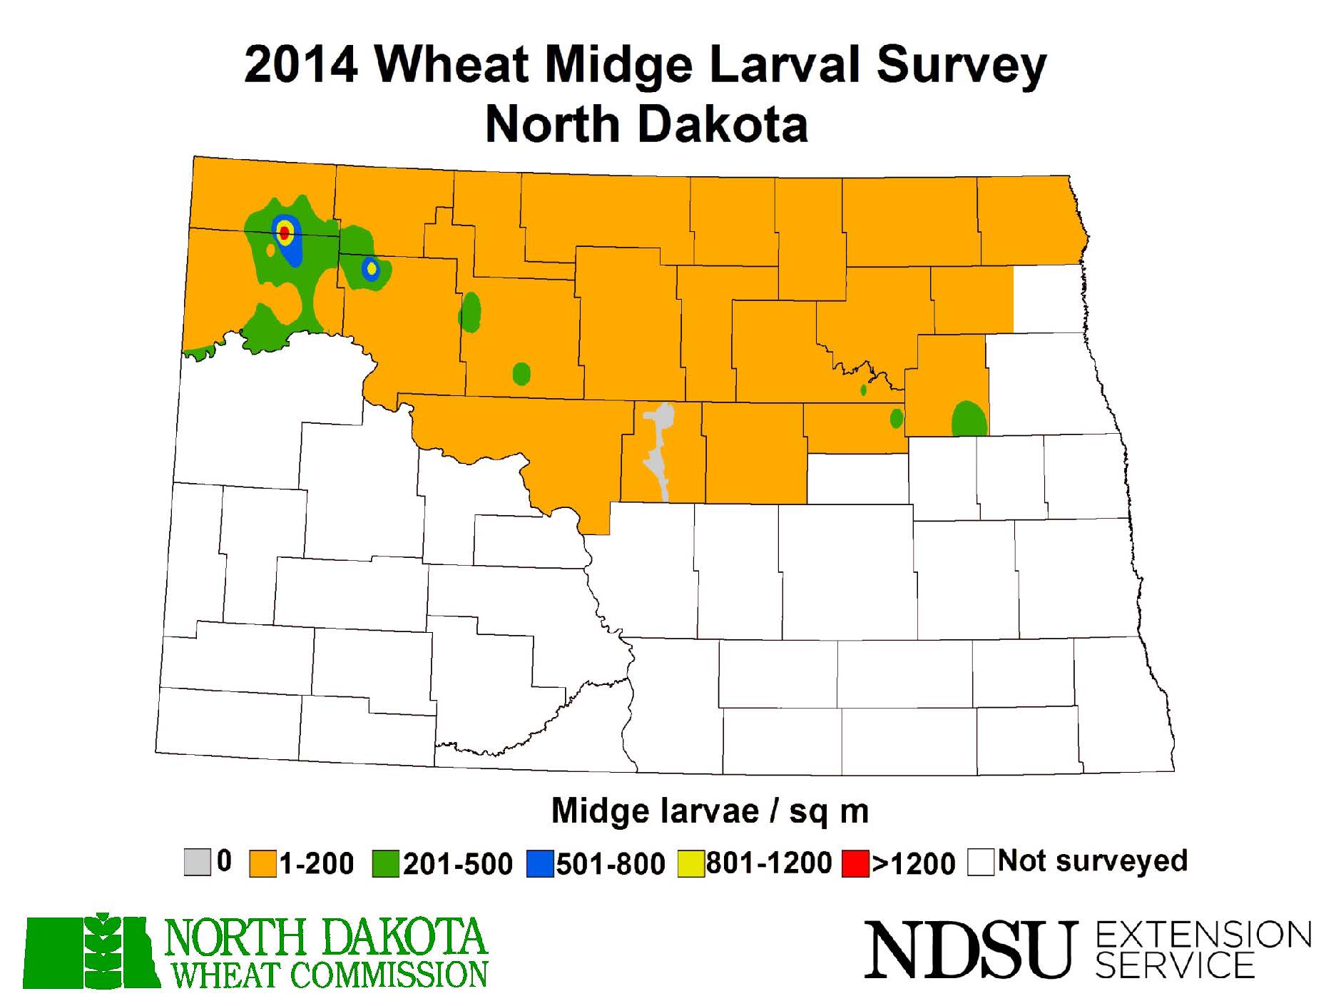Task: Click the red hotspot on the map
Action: click(x=284, y=232)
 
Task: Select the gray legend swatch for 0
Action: click(x=198, y=862)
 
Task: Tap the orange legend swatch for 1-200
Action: click(x=262, y=863)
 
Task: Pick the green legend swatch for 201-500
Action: click(x=385, y=863)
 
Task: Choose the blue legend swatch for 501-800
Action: click(x=540, y=863)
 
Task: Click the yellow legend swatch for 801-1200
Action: click(x=690, y=863)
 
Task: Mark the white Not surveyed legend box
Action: click(x=981, y=862)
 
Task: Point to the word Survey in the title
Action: click(x=960, y=66)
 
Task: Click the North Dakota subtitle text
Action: click(x=646, y=124)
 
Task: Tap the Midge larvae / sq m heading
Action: click(x=710, y=811)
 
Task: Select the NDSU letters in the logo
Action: click(x=969, y=949)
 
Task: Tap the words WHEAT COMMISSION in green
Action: click(x=330, y=975)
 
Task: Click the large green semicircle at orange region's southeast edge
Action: click(x=969, y=420)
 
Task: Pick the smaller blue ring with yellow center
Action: click(x=371, y=269)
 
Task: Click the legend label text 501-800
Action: click(x=611, y=863)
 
